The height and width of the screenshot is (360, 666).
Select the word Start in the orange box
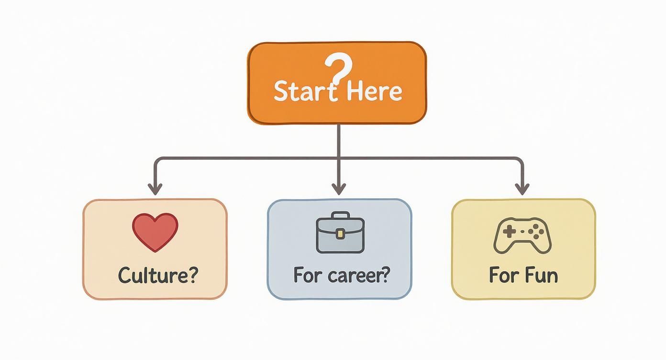[300, 91]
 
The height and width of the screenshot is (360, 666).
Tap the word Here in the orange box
[375, 91]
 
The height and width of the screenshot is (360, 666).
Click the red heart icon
[155, 232]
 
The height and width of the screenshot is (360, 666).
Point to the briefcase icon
[340, 233]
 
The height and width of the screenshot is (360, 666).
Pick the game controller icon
[522, 235]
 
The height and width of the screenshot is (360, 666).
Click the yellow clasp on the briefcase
[340, 234]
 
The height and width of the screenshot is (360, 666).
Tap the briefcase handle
[340, 216]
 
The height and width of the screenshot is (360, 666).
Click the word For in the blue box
[306, 275]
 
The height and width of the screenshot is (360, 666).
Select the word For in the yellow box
[501, 275]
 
